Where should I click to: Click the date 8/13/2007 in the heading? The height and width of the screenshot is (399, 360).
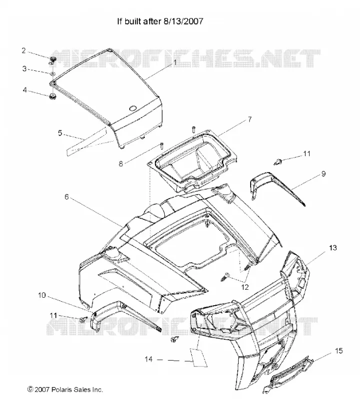[182, 21]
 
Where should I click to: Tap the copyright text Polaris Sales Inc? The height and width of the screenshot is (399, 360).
[77, 390]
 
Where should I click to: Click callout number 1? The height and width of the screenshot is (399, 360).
[175, 62]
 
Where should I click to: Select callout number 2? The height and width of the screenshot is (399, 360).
[23, 51]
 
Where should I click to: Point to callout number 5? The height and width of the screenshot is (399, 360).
[60, 133]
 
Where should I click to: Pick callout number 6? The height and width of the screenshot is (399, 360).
[66, 197]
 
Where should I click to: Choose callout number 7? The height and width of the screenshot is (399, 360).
[250, 119]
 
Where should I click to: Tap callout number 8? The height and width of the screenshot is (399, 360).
[121, 164]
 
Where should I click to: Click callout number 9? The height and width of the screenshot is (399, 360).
[324, 174]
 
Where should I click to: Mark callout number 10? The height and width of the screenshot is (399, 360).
[42, 295]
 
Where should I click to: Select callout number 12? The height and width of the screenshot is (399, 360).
[245, 287]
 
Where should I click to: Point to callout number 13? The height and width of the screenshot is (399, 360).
[333, 247]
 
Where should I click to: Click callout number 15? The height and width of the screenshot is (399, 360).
[339, 351]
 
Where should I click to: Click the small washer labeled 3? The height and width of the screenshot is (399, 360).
[52, 73]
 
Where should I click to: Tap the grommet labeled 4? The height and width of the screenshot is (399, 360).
[53, 97]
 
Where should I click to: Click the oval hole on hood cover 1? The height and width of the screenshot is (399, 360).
[133, 108]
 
